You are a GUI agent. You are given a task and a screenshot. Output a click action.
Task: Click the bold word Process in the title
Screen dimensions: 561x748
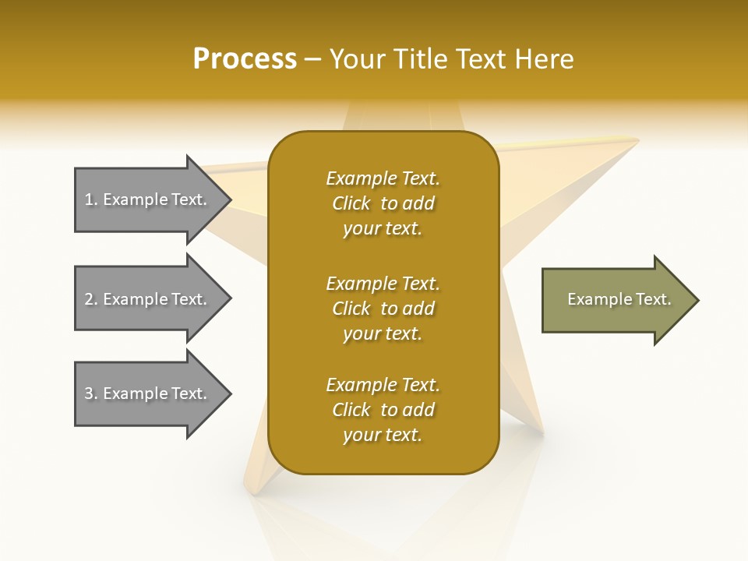pos(245,59)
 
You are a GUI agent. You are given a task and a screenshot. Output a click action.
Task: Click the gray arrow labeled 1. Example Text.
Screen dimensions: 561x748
pos(148,199)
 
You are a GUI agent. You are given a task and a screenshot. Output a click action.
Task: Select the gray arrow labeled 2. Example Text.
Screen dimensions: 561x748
pos(148,299)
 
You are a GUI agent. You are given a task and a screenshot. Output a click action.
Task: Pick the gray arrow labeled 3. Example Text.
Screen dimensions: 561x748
pos(148,393)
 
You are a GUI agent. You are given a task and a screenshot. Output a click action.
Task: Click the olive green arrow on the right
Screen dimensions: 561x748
pos(616,300)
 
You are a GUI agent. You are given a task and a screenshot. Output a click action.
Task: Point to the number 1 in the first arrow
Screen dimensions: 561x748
pos(89,199)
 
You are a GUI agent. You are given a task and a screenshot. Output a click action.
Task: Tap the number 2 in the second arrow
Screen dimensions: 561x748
pos(89,299)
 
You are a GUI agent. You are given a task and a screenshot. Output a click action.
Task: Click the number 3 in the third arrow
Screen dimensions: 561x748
pos(89,393)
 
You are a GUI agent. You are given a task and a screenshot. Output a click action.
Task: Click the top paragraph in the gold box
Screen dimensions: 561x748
pos(383,203)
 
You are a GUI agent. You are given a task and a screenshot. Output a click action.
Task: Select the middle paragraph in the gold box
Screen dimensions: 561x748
pos(383,309)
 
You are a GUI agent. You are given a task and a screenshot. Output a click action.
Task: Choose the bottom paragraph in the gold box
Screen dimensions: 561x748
pos(383,410)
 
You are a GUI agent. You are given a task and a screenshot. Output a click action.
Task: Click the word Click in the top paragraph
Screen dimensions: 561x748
pos(351,203)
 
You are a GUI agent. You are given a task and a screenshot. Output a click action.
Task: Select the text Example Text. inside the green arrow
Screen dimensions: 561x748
pos(619,299)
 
